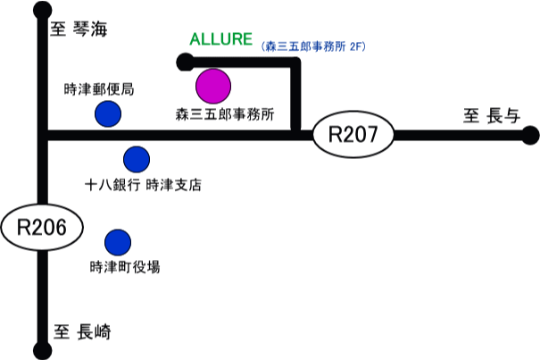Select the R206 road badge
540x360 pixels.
click(43, 228)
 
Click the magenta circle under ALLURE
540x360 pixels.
click(213, 86)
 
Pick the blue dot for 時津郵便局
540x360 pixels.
click(109, 113)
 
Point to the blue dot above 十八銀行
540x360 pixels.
click(137, 159)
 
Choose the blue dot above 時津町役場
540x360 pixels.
click(118, 242)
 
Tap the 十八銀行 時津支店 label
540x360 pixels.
click(143, 186)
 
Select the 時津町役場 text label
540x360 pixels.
click(125, 266)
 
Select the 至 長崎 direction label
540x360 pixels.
click(84, 331)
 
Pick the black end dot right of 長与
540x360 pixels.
click(530, 136)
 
